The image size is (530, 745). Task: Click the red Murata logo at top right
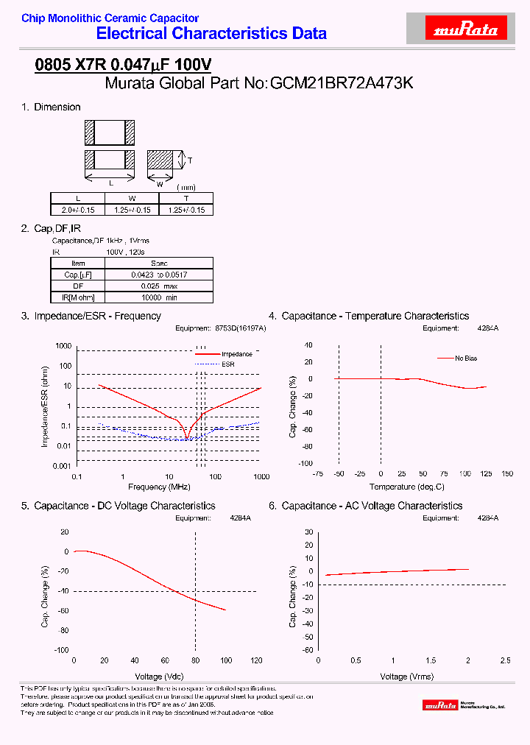coord(467,30)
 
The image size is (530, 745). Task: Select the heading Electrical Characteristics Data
coord(212,33)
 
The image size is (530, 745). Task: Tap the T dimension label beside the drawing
coord(190,160)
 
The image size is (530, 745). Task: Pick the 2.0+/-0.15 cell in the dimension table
coord(77,210)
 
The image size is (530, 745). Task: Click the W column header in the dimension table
coord(132,199)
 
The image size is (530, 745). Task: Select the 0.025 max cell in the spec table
coord(159,286)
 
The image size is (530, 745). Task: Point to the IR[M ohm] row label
coord(78,297)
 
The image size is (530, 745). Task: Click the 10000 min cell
coord(159,297)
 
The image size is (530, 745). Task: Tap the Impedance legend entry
coord(236,354)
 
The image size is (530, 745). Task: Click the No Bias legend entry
coord(465,359)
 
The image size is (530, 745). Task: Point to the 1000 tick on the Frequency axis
coord(261,477)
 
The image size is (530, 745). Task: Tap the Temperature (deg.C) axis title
coord(407,487)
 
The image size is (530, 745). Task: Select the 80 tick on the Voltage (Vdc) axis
coord(195,660)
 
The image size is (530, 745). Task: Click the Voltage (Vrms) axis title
coord(407,677)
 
